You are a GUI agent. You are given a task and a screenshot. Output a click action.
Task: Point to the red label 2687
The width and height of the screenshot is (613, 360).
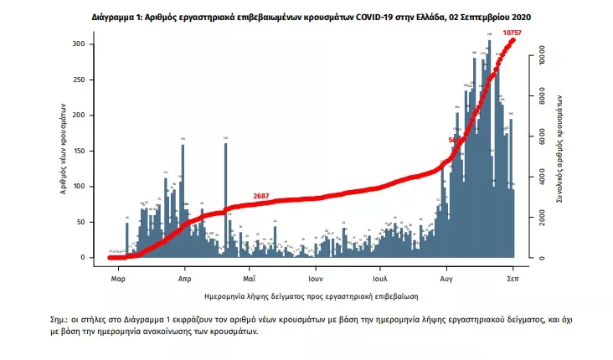[262, 197]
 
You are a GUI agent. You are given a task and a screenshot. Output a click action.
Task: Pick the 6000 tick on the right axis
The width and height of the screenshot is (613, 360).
[542, 139]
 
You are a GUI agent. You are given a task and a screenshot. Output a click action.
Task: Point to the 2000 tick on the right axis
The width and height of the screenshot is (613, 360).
[542, 219]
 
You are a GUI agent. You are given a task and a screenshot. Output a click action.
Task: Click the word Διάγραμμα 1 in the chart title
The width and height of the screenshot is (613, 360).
[116, 17]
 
